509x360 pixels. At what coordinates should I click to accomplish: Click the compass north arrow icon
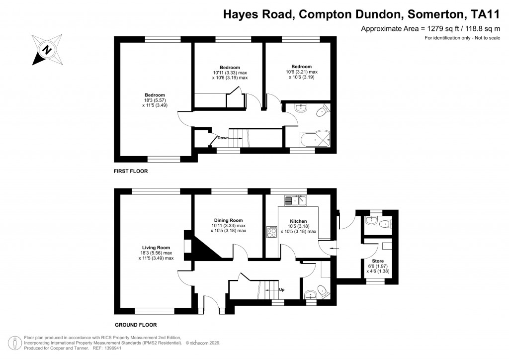pyautogui.click(x=48, y=49)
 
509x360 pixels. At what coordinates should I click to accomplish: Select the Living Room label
pyautogui.click(x=156, y=248)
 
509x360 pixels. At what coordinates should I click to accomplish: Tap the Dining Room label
pyautogui.click(x=228, y=220)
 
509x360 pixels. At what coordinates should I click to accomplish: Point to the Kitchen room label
pyautogui.click(x=298, y=221)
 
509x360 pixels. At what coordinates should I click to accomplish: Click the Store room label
pyautogui.click(x=378, y=261)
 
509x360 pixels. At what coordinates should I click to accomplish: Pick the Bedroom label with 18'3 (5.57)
pyautogui.click(x=155, y=95)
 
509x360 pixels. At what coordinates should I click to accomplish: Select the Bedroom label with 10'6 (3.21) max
pyautogui.click(x=301, y=67)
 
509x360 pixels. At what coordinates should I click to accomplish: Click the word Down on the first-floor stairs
pyautogui.click(x=223, y=138)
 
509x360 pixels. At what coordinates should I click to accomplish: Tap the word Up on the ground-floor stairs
pyautogui.click(x=281, y=289)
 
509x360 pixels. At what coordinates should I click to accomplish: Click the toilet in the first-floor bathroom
pyautogui.click(x=324, y=110)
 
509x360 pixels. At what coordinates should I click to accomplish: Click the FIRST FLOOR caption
pyautogui.click(x=131, y=171)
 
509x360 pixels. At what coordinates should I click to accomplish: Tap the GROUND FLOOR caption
pyautogui.click(x=136, y=325)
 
